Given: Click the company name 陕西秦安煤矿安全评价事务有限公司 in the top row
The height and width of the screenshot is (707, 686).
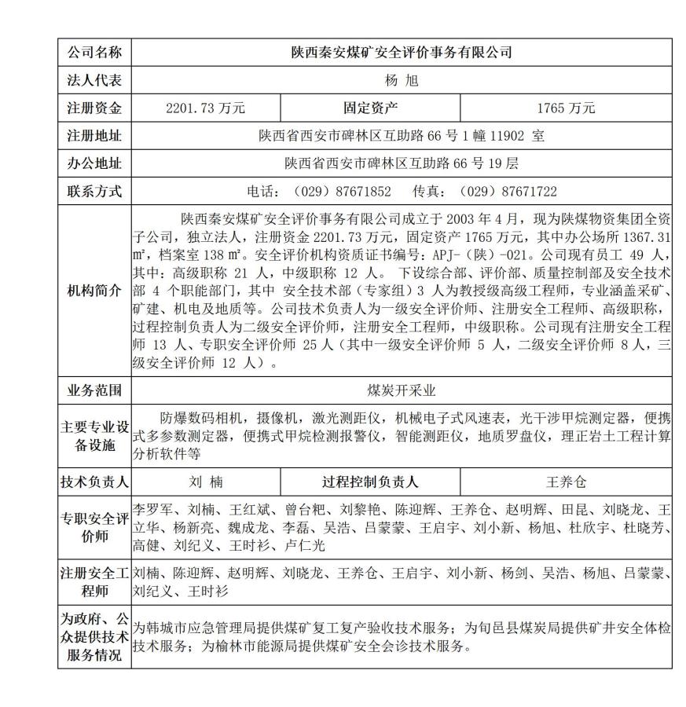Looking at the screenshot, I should pos(402,53).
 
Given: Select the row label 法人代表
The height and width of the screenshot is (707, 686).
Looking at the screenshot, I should pos(94,80).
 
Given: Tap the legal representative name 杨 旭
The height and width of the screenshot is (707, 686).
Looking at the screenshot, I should pos(402,80).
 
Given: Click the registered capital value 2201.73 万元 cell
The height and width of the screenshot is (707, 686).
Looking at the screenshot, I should pos(206,108).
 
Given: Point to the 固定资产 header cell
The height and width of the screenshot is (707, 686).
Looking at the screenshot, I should pos(370,108).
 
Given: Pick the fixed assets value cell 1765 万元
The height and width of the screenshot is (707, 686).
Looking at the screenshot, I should pos(566,108).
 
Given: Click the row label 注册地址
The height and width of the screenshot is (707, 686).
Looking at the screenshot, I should pos(94,136).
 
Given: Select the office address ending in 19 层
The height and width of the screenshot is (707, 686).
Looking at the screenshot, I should pos(402,163).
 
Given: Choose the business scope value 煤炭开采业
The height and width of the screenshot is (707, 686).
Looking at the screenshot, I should pos(402,390).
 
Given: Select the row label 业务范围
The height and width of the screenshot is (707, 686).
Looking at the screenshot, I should pos(94,390).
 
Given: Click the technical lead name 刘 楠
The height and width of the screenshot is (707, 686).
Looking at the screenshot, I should pos(206,482).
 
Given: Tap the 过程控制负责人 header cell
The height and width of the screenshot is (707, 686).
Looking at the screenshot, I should pos(370,482).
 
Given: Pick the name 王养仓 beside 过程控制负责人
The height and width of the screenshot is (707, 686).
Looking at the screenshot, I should pos(566,482).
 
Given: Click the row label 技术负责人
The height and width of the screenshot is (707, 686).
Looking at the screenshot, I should pos(94,482).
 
